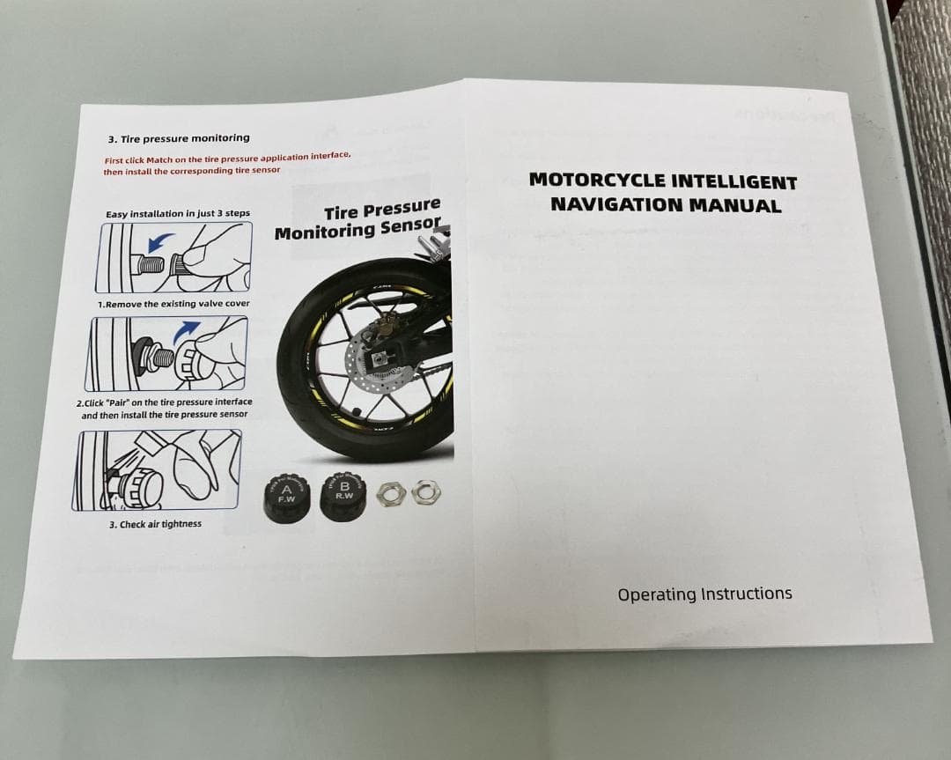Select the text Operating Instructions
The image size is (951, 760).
pos(704,594)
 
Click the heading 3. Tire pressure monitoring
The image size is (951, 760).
pos(178,138)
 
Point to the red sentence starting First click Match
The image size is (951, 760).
pos(227,164)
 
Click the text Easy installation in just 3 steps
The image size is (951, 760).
pos(178,213)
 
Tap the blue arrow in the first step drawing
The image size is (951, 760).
pos(159,242)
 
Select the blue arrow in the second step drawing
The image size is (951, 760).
pos(186,332)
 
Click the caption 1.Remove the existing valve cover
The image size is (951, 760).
pos(173,304)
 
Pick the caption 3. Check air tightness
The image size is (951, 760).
pos(155,524)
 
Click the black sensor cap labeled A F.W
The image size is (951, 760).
pos(286,498)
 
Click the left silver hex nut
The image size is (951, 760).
pos(389,494)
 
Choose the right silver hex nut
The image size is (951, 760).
pos(426,491)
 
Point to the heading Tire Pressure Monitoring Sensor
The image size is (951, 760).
pos(358,219)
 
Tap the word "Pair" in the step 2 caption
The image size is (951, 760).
pos(119,402)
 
